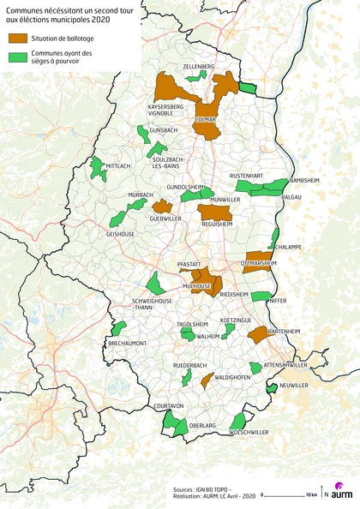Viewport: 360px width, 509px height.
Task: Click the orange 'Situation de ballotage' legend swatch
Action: coord(18,39)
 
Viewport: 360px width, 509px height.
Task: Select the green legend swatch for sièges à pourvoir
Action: coord(18,56)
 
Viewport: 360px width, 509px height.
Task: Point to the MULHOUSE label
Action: coord(196,284)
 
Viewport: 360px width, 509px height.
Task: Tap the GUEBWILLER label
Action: coord(165,219)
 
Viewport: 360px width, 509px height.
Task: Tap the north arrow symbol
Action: coord(324,494)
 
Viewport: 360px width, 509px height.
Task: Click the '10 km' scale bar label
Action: coord(312,495)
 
